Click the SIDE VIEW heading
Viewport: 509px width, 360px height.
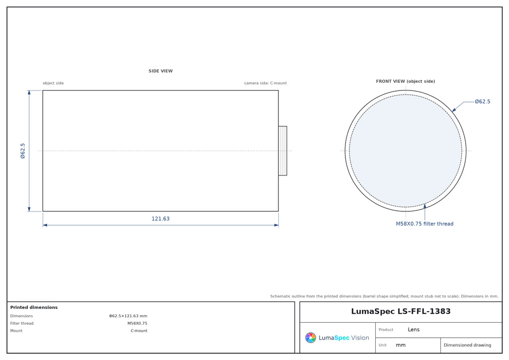(161, 71)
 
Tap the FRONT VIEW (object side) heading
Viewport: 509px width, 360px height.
(406, 81)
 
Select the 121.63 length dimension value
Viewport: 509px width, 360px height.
(161, 218)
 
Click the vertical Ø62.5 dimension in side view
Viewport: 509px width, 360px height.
(23, 151)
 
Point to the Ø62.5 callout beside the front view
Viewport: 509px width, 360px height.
(482, 101)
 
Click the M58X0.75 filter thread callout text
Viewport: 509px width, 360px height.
(424, 224)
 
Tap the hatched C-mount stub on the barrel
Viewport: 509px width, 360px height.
(283, 151)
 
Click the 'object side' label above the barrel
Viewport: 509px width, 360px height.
(53, 83)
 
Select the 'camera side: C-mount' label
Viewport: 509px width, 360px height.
(265, 83)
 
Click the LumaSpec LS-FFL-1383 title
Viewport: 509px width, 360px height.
(401, 311)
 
